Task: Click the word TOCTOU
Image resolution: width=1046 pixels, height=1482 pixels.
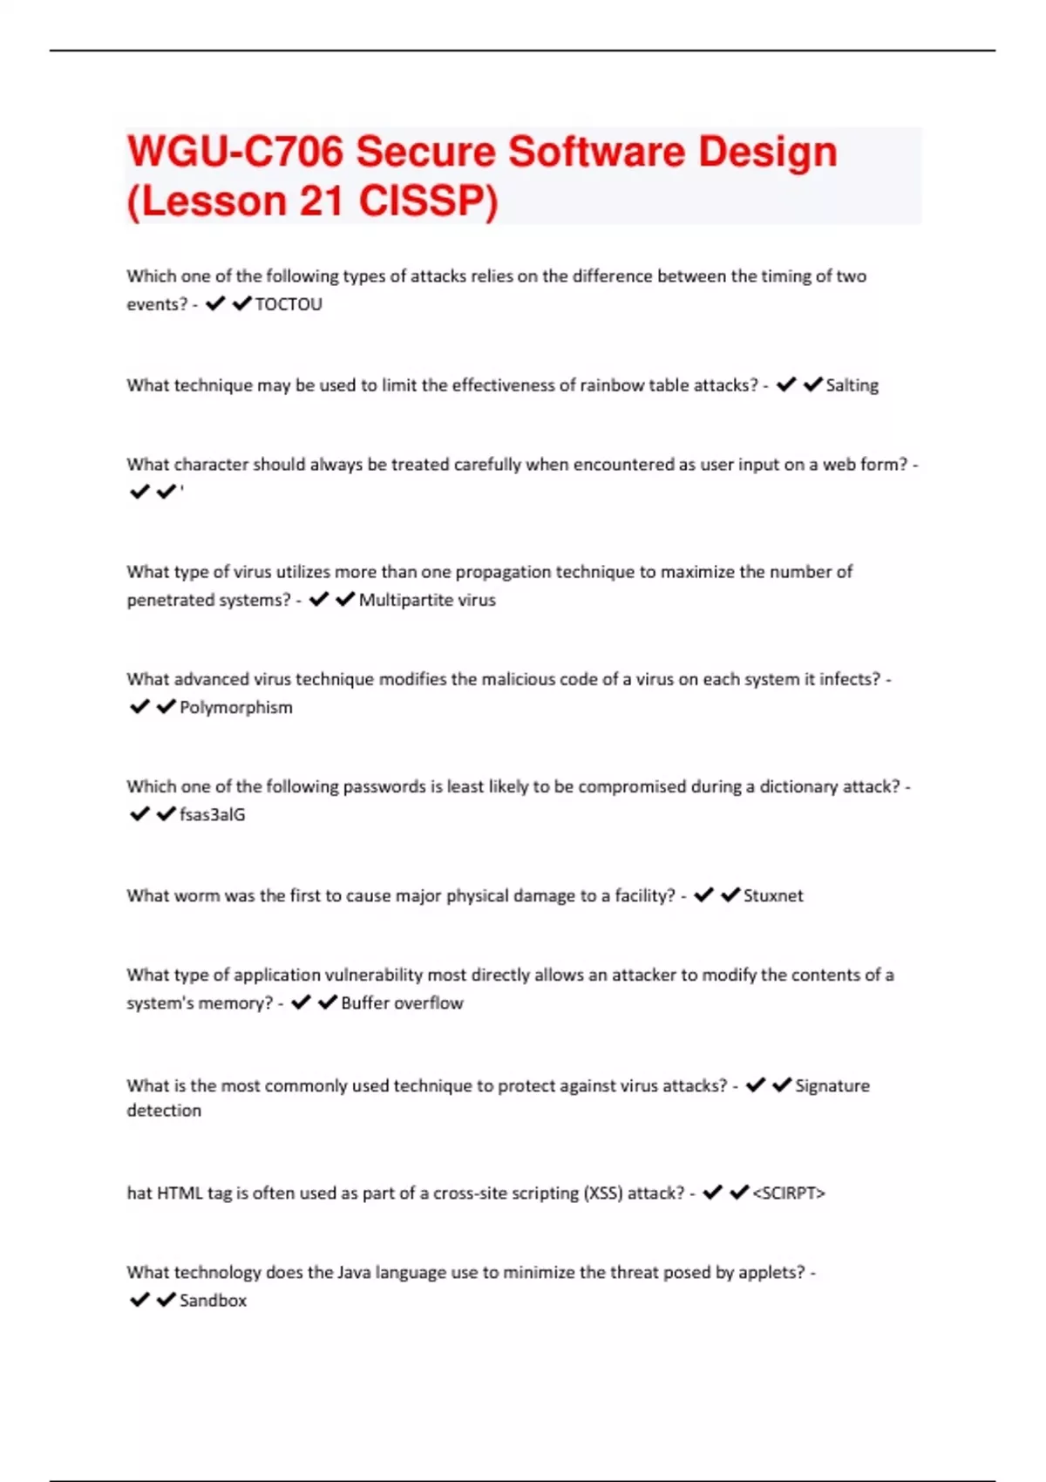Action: tap(288, 304)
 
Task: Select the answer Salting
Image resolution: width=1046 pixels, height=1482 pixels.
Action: tap(852, 385)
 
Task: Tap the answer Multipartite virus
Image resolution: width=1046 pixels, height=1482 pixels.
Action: tap(427, 600)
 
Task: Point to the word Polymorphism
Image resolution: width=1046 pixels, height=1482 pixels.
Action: tap(235, 707)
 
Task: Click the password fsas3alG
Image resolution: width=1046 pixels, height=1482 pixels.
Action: tap(212, 814)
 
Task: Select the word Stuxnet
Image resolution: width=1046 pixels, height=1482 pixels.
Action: tap(773, 895)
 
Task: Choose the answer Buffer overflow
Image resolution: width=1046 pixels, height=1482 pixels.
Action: tap(402, 1003)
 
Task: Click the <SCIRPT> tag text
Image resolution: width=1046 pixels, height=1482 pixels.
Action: tap(788, 1193)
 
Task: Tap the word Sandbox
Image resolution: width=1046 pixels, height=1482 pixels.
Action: tap(213, 1300)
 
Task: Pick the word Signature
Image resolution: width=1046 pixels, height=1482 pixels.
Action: tap(832, 1085)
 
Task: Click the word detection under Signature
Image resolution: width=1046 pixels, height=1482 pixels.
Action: tap(164, 1110)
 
